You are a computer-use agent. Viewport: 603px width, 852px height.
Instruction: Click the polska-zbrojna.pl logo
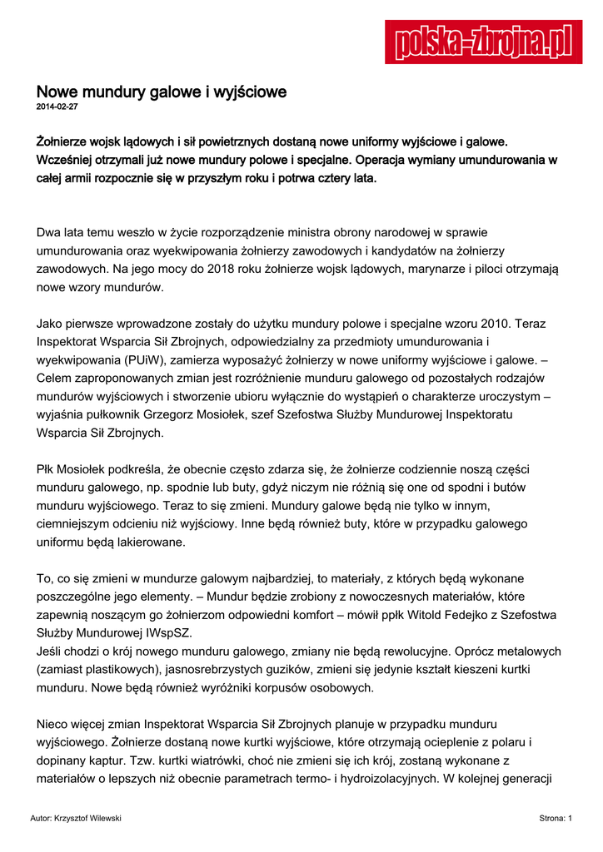[482, 41]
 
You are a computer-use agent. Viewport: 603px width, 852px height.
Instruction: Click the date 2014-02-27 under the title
[57, 107]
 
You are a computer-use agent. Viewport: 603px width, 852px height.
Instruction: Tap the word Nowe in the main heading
[55, 92]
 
